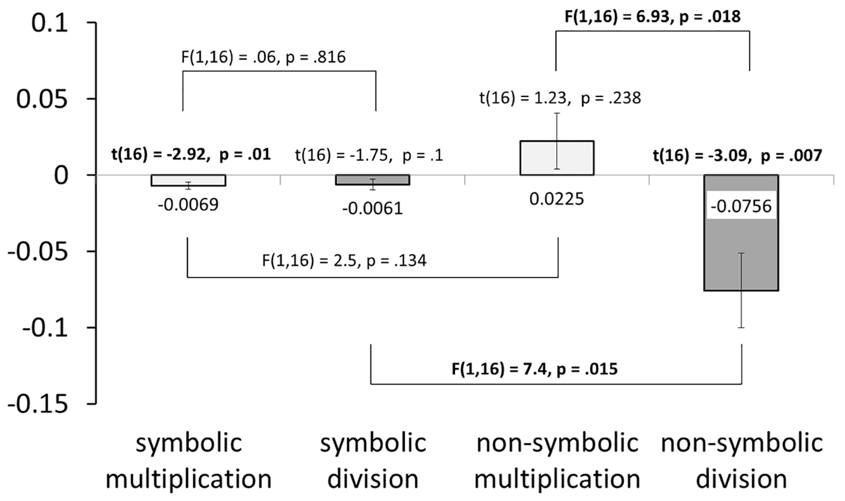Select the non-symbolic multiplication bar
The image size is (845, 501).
pyautogui.click(x=557, y=158)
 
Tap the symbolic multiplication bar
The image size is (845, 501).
pyautogui.click(x=188, y=181)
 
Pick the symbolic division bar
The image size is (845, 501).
pyautogui.click(x=373, y=180)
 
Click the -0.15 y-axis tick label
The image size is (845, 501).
pyautogui.click(x=38, y=405)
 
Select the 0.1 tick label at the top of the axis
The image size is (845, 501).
pyautogui.click(x=50, y=23)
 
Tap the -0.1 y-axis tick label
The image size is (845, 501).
pyautogui.click(x=46, y=328)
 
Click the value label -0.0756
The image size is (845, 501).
pyautogui.click(x=741, y=207)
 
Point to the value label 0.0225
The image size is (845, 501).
pyautogui.click(x=557, y=199)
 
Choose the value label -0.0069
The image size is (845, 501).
pyautogui.click(x=188, y=205)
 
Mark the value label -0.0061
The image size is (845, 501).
pyautogui.click(x=373, y=209)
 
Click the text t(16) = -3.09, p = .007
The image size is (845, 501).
pyautogui.click(x=738, y=155)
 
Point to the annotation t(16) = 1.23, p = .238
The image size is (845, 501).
pyautogui.click(x=560, y=98)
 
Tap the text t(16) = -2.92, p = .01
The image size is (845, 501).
pyautogui.click(x=191, y=154)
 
